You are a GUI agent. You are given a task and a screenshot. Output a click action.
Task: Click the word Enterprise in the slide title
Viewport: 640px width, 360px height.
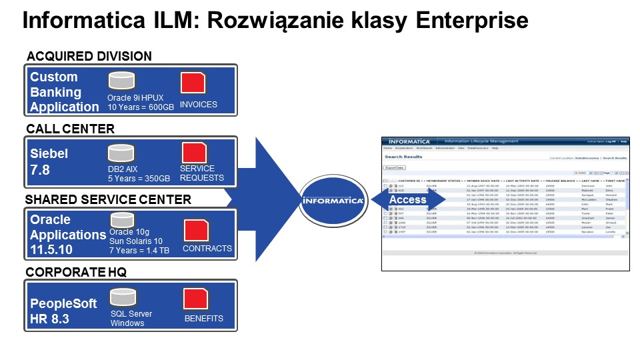click(472, 21)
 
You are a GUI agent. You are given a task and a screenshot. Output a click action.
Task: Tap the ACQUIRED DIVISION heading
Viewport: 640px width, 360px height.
click(89, 56)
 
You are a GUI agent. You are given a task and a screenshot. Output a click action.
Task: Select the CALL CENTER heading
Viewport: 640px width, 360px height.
click(70, 129)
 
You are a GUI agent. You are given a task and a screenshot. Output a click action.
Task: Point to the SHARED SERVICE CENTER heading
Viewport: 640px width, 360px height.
click(108, 200)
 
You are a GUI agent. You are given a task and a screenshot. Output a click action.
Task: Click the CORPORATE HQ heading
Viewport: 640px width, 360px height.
click(77, 272)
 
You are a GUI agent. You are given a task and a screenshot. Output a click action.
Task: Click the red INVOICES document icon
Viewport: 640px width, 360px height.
click(193, 83)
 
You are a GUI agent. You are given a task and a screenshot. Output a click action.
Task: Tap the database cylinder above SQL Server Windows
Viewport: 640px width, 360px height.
click(123, 297)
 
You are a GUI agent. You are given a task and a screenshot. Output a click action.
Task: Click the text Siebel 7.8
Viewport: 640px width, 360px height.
click(49, 162)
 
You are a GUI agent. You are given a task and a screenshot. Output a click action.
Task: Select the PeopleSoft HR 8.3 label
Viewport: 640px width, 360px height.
click(64, 311)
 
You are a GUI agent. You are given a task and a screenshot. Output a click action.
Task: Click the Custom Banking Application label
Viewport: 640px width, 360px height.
click(65, 92)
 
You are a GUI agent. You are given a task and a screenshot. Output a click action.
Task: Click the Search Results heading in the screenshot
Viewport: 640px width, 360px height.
click(404, 157)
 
